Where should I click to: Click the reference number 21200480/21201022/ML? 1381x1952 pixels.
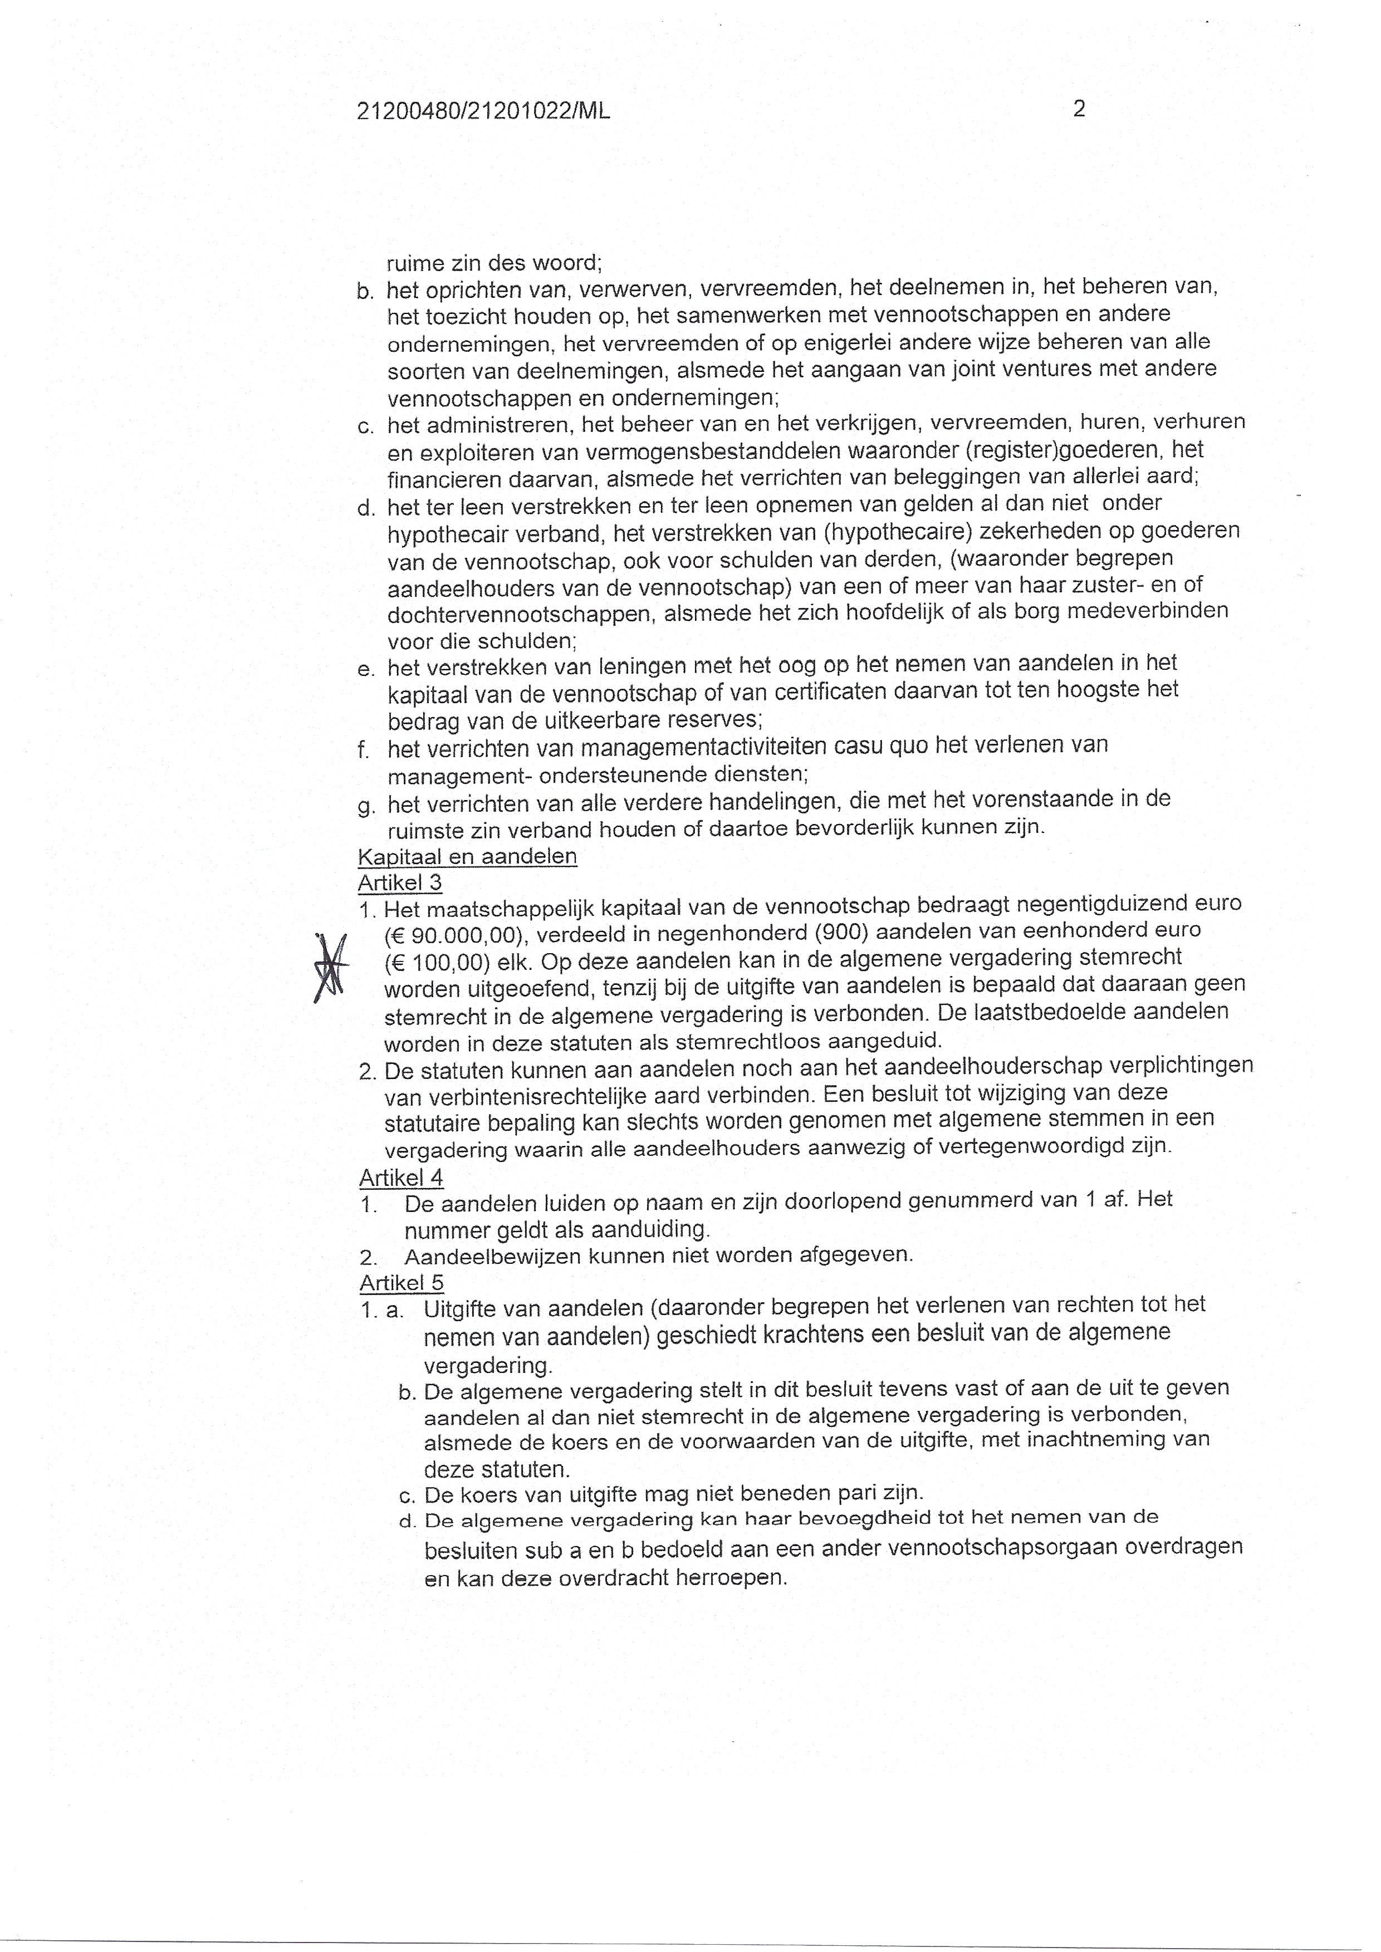coord(484,111)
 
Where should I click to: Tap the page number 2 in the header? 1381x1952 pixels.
coord(1079,109)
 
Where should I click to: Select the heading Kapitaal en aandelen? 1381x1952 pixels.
coord(468,856)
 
